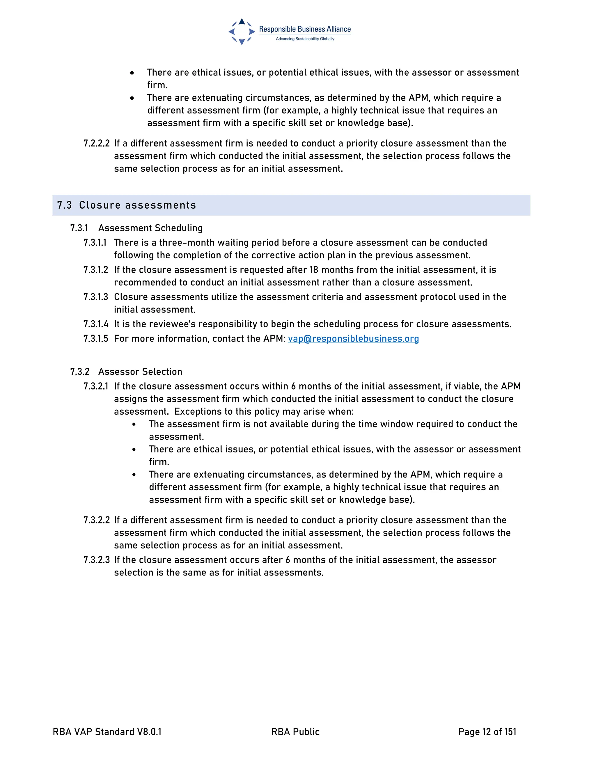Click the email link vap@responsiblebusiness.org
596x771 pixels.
(x=353, y=339)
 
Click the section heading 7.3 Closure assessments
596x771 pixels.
(x=126, y=205)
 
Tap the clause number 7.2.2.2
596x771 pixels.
(x=96, y=143)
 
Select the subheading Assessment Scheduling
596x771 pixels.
(x=150, y=228)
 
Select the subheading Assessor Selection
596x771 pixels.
(x=140, y=372)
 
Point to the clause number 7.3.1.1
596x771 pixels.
(x=95, y=243)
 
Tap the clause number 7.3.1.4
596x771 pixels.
(x=96, y=324)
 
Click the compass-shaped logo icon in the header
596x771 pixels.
(x=242, y=32)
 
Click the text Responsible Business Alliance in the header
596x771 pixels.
(x=305, y=29)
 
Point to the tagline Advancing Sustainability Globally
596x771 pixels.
(x=305, y=39)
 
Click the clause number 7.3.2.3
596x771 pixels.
(x=96, y=560)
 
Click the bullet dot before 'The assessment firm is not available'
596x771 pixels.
(x=134, y=425)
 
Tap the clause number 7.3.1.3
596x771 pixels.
(x=96, y=297)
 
